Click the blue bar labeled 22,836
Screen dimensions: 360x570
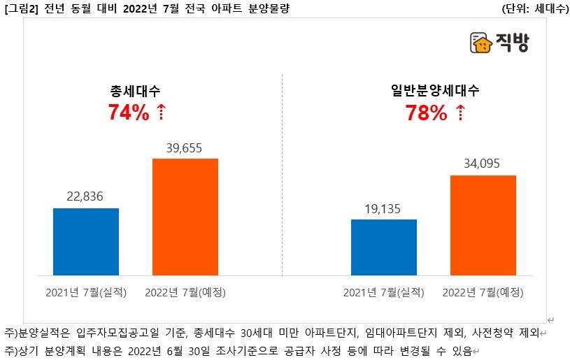point(86,241)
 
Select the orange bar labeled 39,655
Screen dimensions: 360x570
point(185,217)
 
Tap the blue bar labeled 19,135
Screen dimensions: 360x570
point(384,247)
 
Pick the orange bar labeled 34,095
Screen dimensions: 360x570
point(483,224)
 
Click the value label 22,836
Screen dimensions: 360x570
point(86,196)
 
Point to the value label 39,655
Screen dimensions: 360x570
point(185,147)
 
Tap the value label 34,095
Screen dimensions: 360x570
point(483,164)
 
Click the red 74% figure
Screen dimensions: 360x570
point(129,113)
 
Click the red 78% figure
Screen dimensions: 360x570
point(427,113)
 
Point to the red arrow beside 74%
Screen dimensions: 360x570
point(162,113)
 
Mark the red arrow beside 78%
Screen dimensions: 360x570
point(459,113)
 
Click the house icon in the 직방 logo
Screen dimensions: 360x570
point(480,44)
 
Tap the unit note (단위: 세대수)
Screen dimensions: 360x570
point(535,8)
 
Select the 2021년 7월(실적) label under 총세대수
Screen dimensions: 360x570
point(86,291)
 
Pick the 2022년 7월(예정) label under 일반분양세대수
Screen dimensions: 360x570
point(483,291)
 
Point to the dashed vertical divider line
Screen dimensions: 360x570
point(283,175)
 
